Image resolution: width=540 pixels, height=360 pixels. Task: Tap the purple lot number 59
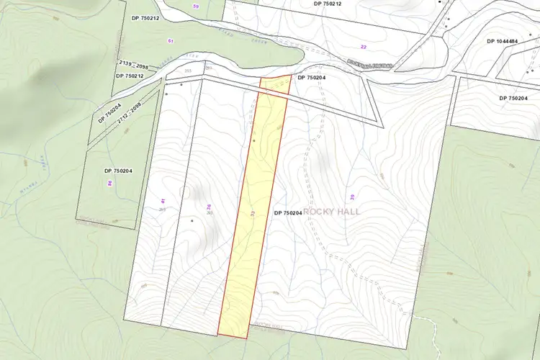196,6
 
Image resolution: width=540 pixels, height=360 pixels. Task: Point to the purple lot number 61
171,41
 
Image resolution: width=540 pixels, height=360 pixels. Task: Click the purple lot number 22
363,47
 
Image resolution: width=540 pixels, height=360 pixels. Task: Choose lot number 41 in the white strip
163,201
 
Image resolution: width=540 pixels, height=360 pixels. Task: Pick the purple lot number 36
209,207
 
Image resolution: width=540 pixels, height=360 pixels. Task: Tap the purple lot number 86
109,184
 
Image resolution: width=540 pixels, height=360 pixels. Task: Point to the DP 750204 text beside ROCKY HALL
288,213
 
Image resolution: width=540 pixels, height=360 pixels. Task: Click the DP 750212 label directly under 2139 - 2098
130,76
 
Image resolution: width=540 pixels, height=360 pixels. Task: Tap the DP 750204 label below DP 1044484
518,98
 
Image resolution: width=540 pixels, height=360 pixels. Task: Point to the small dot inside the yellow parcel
254,140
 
